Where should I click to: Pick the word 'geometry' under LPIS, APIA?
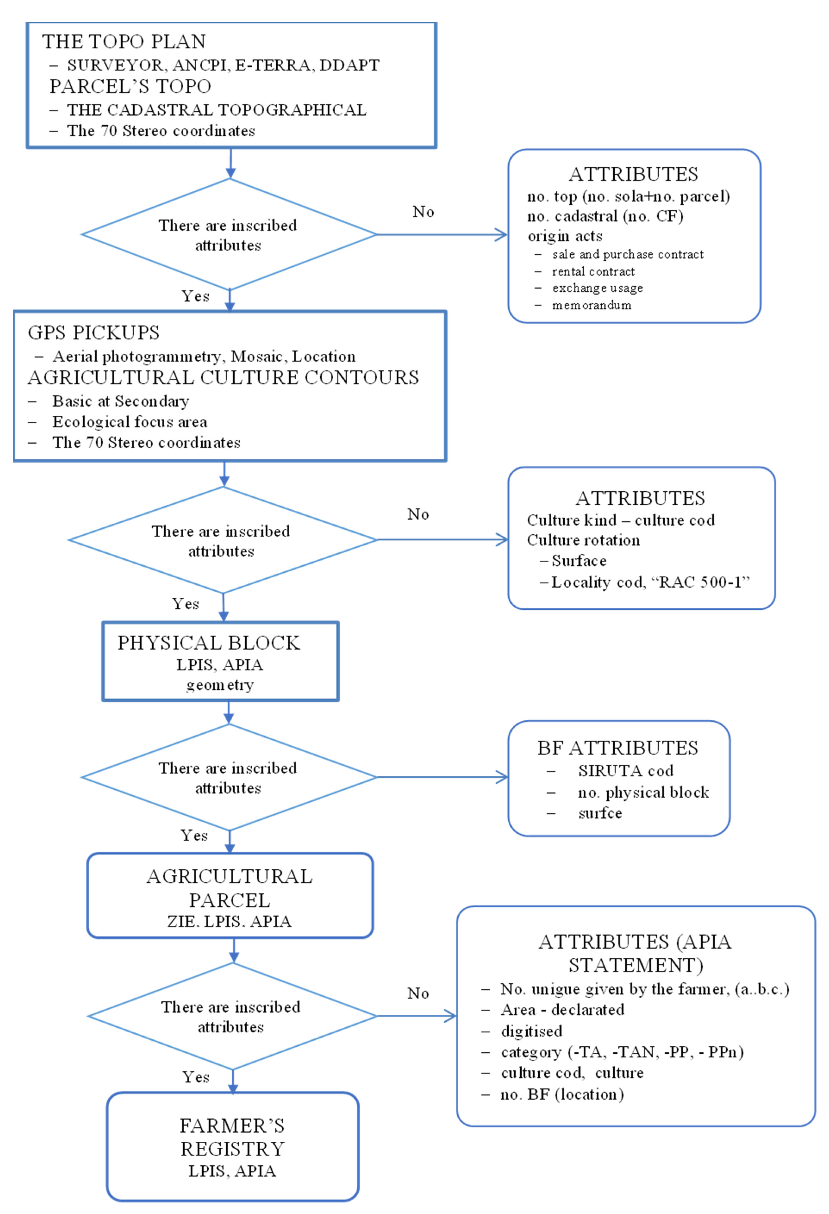point(220,685)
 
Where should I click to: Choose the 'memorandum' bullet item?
point(592,305)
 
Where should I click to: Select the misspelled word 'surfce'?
point(600,813)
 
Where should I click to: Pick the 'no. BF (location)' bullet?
point(562,1094)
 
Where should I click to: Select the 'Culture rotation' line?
point(583,540)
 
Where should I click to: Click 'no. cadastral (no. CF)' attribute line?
point(605,216)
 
